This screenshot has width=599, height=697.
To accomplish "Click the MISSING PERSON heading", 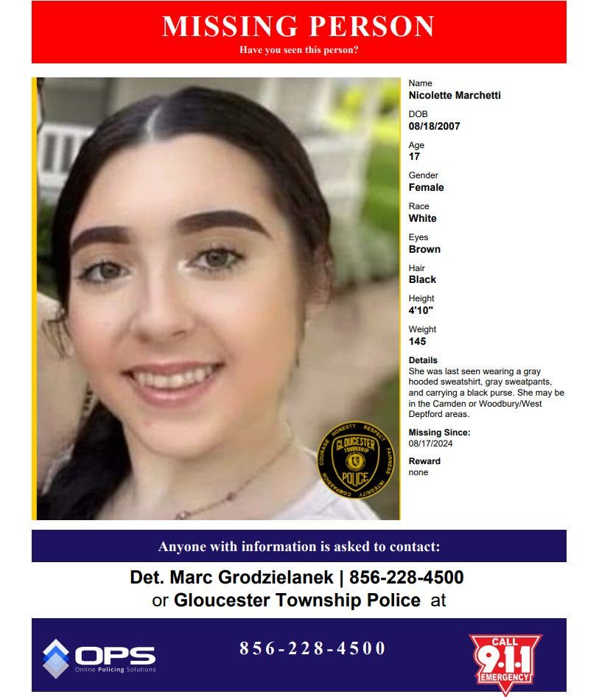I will click(298, 27).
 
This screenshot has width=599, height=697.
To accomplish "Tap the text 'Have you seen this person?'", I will click(298, 50).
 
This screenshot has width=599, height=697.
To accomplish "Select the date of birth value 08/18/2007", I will click(434, 126).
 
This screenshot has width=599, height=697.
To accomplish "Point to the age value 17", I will click(414, 157).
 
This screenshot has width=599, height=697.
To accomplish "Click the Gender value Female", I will click(426, 187).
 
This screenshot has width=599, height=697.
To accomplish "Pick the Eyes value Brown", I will click(424, 249).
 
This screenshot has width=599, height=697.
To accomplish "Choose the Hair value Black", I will click(422, 280).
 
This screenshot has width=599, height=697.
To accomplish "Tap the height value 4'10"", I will click(421, 310).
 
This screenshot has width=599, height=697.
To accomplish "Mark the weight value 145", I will click(417, 341).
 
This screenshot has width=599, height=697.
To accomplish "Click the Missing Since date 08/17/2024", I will click(430, 444).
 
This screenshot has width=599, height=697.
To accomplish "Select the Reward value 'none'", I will click(418, 472).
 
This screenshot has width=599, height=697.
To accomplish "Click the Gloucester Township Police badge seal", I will click(356, 459).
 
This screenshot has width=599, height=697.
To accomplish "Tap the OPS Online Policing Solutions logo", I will click(99, 657).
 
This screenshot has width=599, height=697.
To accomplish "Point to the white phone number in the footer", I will click(312, 648).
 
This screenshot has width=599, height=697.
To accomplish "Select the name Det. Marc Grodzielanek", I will click(231, 578).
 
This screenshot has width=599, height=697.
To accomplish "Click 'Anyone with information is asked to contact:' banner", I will click(298, 547).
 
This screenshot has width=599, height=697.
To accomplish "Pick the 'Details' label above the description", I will click(423, 360).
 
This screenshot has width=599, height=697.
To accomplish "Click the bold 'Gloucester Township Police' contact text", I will click(297, 600).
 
